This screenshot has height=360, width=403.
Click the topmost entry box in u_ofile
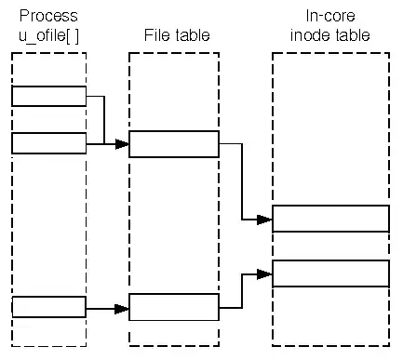point(48,96)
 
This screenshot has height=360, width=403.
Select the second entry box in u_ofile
point(48,142)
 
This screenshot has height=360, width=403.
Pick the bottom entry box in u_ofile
point(48,306)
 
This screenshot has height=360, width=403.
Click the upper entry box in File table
point(174,144)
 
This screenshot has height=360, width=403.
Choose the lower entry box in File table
point(174,306)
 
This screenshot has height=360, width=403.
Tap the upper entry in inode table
point(330,218)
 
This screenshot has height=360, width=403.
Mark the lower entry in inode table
point(330,273)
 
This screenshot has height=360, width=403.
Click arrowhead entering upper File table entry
point(122,144)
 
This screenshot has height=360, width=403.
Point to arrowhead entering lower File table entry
point(122,307)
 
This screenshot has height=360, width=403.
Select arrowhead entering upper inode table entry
point(265,220)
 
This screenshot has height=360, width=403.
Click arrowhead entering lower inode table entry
point(265,273)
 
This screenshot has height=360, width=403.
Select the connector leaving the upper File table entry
point(241,177)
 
